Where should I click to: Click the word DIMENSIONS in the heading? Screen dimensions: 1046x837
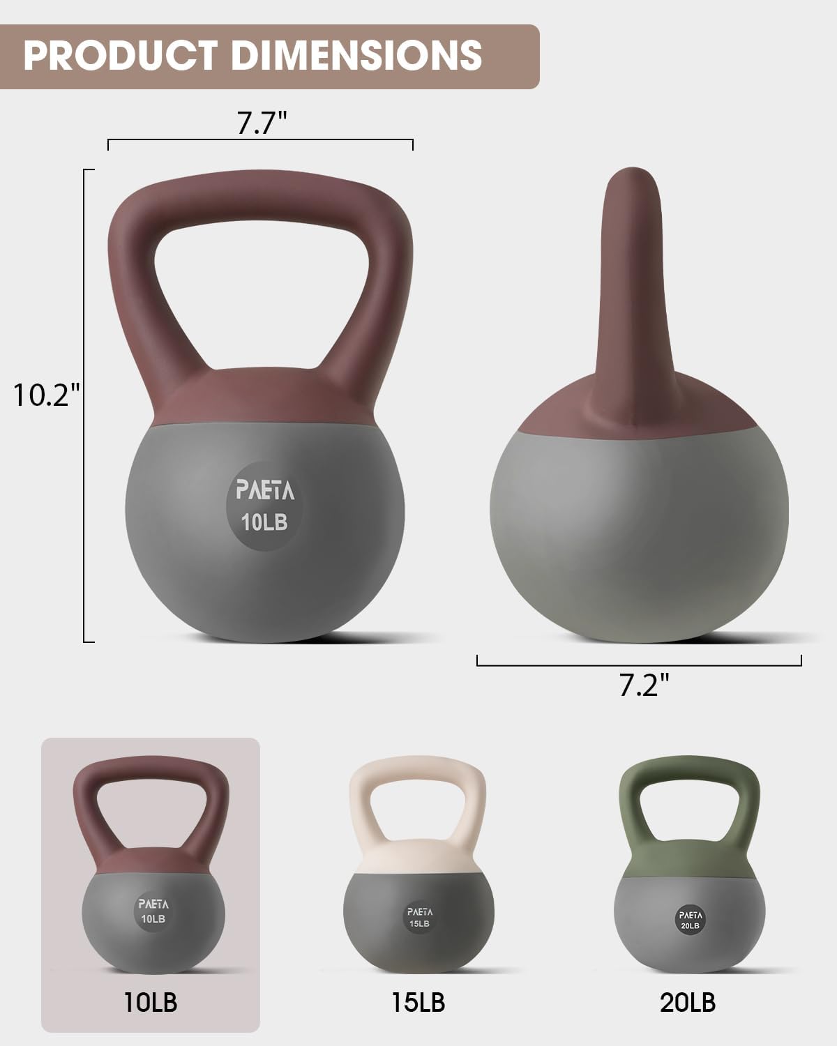click(356, 56)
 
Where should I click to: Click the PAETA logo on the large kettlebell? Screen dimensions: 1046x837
click(265, 491)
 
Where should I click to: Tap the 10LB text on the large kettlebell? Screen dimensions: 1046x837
click(264, 522)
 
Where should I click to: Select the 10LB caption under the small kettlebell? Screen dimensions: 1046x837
click(151, 1002)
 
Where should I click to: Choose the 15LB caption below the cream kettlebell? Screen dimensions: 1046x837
click(418, 1003)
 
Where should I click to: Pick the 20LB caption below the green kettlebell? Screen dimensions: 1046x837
click(687, 1003)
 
